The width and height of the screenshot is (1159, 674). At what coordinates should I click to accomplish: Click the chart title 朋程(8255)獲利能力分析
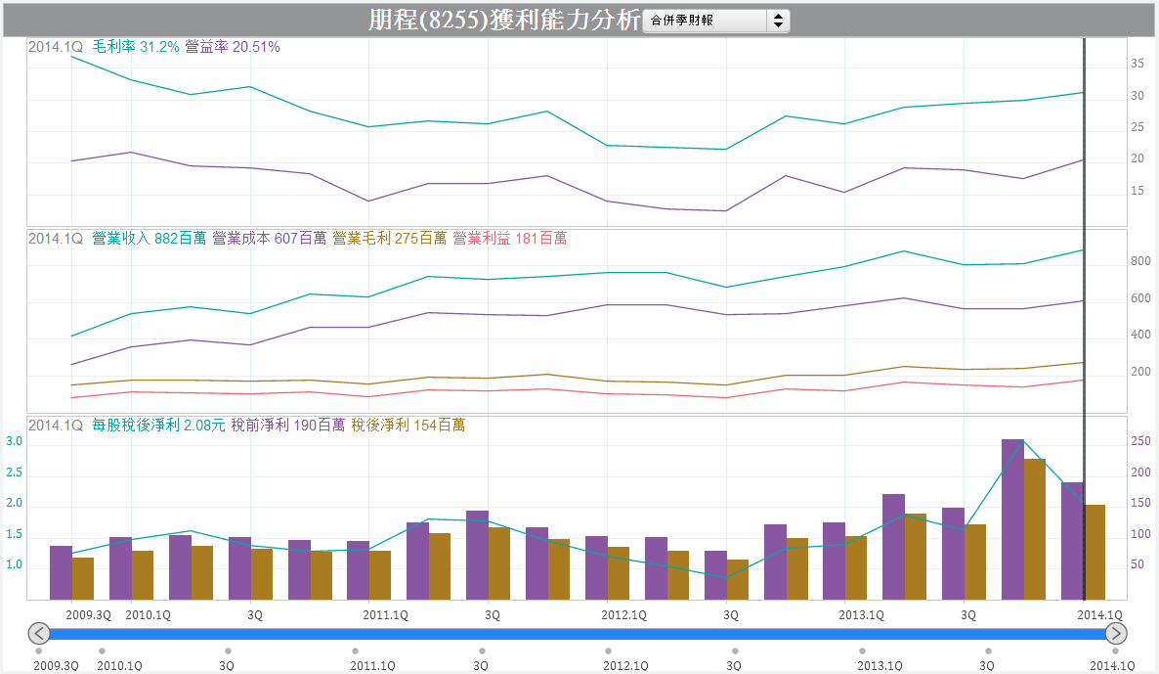[x=504, y=20]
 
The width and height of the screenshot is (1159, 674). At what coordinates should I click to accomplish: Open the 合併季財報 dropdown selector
[x=716, y=21]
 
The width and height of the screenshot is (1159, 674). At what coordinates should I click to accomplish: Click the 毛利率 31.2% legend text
[x=136, y=47]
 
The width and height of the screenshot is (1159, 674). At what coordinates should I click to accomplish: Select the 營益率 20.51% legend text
[x=232, y=47]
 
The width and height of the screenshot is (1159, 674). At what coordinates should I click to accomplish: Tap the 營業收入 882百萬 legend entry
[x=149, y=238]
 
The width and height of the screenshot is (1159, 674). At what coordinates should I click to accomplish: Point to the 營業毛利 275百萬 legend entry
[x=389, y=238]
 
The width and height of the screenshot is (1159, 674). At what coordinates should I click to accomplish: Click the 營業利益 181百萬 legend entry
[x=509, y=238]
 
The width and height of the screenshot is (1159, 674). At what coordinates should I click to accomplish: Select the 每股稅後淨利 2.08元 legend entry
[x=158, y=426]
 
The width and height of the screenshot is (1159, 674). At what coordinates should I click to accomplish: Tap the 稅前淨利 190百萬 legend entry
[x=287, y=426]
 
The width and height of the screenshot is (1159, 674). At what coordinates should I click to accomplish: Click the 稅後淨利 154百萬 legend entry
[x=408, y=426]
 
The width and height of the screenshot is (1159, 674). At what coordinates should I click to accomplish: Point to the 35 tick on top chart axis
[x=1138, y=64]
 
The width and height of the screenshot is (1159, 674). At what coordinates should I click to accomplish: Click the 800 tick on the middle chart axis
[x=1140, y=262]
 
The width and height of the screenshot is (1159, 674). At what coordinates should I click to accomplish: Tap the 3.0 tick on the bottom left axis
[x=14, y=442]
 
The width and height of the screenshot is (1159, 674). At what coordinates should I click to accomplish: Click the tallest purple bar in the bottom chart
[x=1012, y=518]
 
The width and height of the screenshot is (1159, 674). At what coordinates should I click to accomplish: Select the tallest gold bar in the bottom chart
[x=1035, y=528]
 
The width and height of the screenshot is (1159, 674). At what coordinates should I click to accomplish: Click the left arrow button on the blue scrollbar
[x=38, y=633]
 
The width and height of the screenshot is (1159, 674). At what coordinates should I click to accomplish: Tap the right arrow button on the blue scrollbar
[x=1116, y=633]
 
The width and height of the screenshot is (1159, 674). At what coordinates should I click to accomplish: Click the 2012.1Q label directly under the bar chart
[x=623, y=615]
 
